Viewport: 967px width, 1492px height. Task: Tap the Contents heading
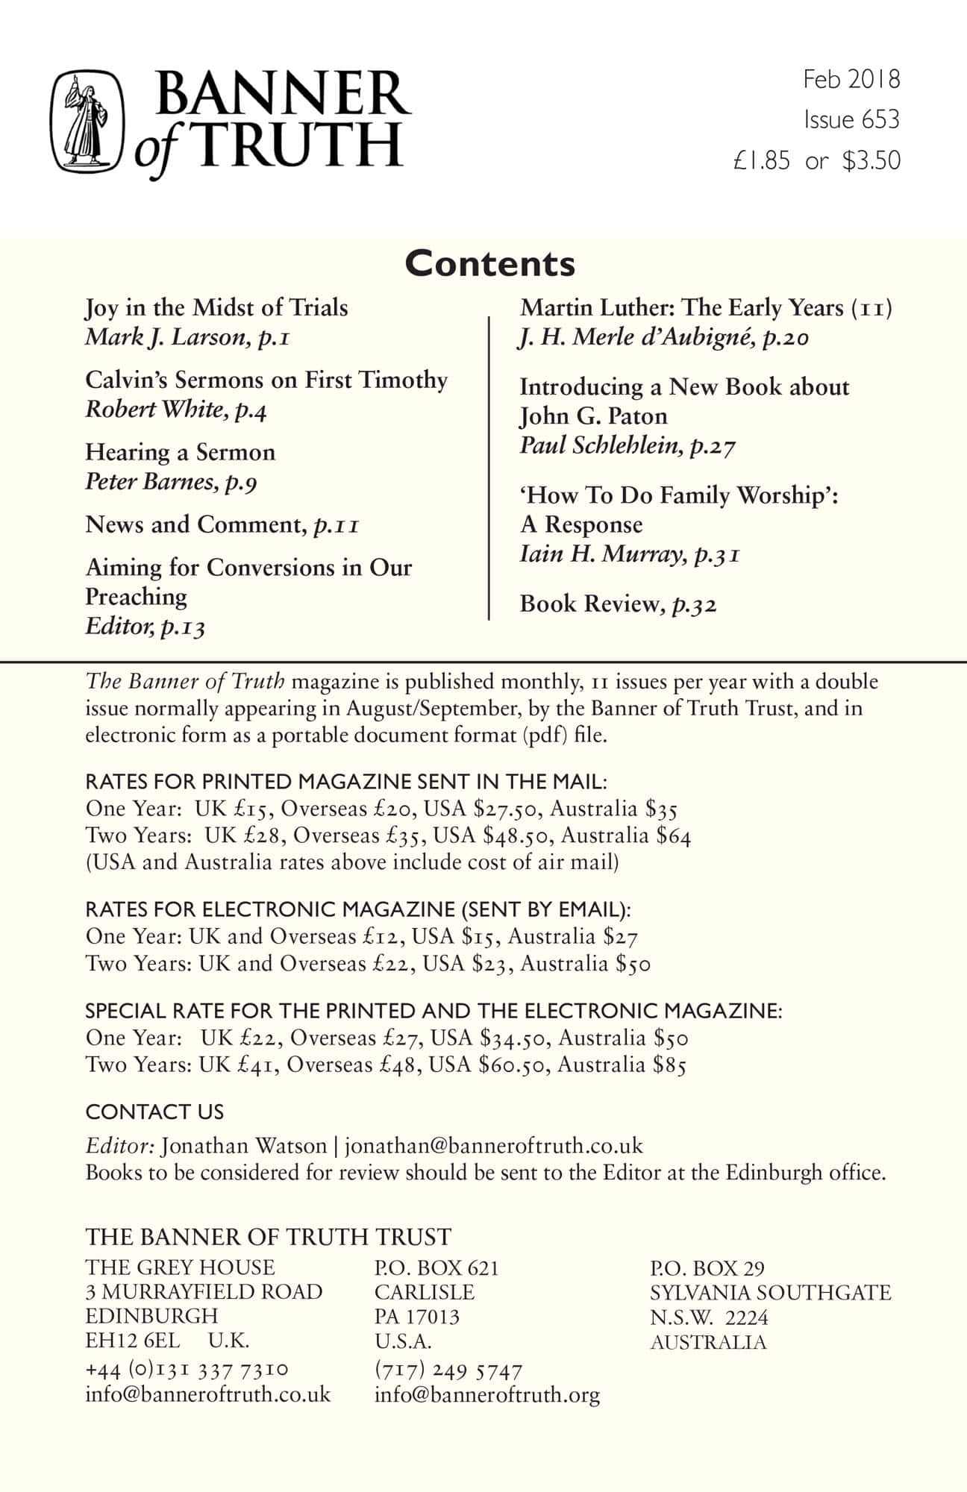pyautogui.click(x=490, y=263)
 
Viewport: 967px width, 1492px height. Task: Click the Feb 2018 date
pyautogui.click(x=851, y=79)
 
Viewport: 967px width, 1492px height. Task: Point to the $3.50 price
pyautogui.click(x=871, y=161)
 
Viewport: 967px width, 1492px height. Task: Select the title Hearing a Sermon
pyautogui.click(x=180, y=452)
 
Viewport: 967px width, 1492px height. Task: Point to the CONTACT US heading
pyautogui.click(x=154, y=1112)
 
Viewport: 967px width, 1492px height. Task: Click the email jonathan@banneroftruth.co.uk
pyautogui.click(x=493, y=1146)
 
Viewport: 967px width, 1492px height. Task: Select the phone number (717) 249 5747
pyautogui.click(x=448, y=1370)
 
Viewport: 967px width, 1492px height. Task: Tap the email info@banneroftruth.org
pyautogui.click(x=486, y=1395)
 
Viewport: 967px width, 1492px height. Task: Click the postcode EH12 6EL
pyautogui.click(x=132, y=1340)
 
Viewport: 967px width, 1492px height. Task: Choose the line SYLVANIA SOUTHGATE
pyautogui.click(x=770, y=1292)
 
